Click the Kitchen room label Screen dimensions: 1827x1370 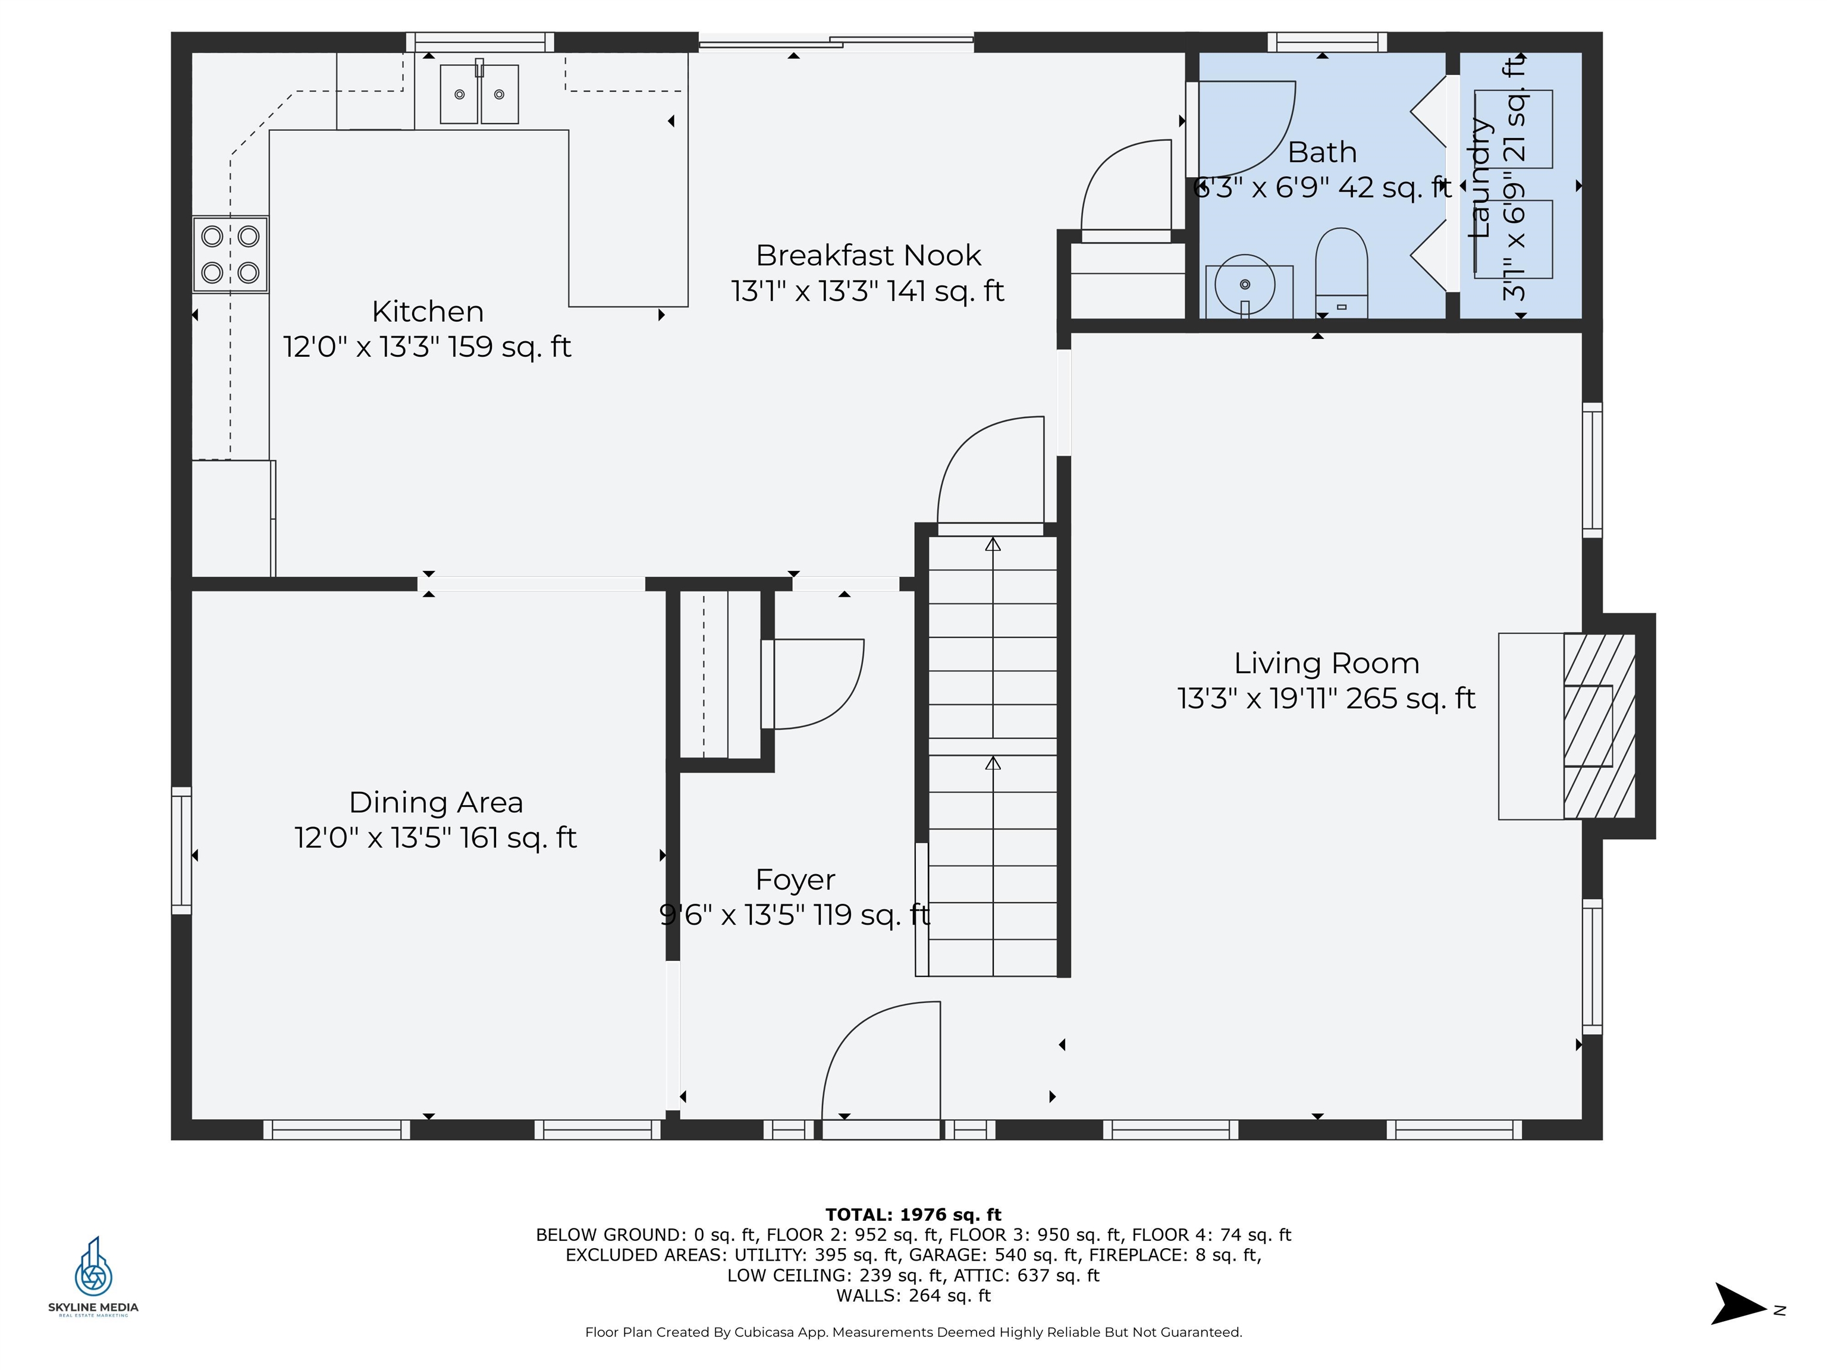click(428, 312)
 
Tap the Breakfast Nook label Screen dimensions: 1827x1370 click(868, 255)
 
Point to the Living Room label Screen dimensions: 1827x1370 click(1326, 663)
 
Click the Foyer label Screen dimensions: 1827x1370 click(795, 880)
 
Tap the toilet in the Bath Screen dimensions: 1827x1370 click(1341, 272)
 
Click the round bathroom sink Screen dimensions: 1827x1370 click(1245, 284)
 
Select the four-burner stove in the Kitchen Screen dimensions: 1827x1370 click(230, 254)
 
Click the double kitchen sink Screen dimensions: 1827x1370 click(479, 94)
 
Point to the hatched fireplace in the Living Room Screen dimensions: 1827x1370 click(1599, 726)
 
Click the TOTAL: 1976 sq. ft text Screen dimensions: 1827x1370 click(913, 1215)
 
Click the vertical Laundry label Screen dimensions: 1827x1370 click(1480, 178)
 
